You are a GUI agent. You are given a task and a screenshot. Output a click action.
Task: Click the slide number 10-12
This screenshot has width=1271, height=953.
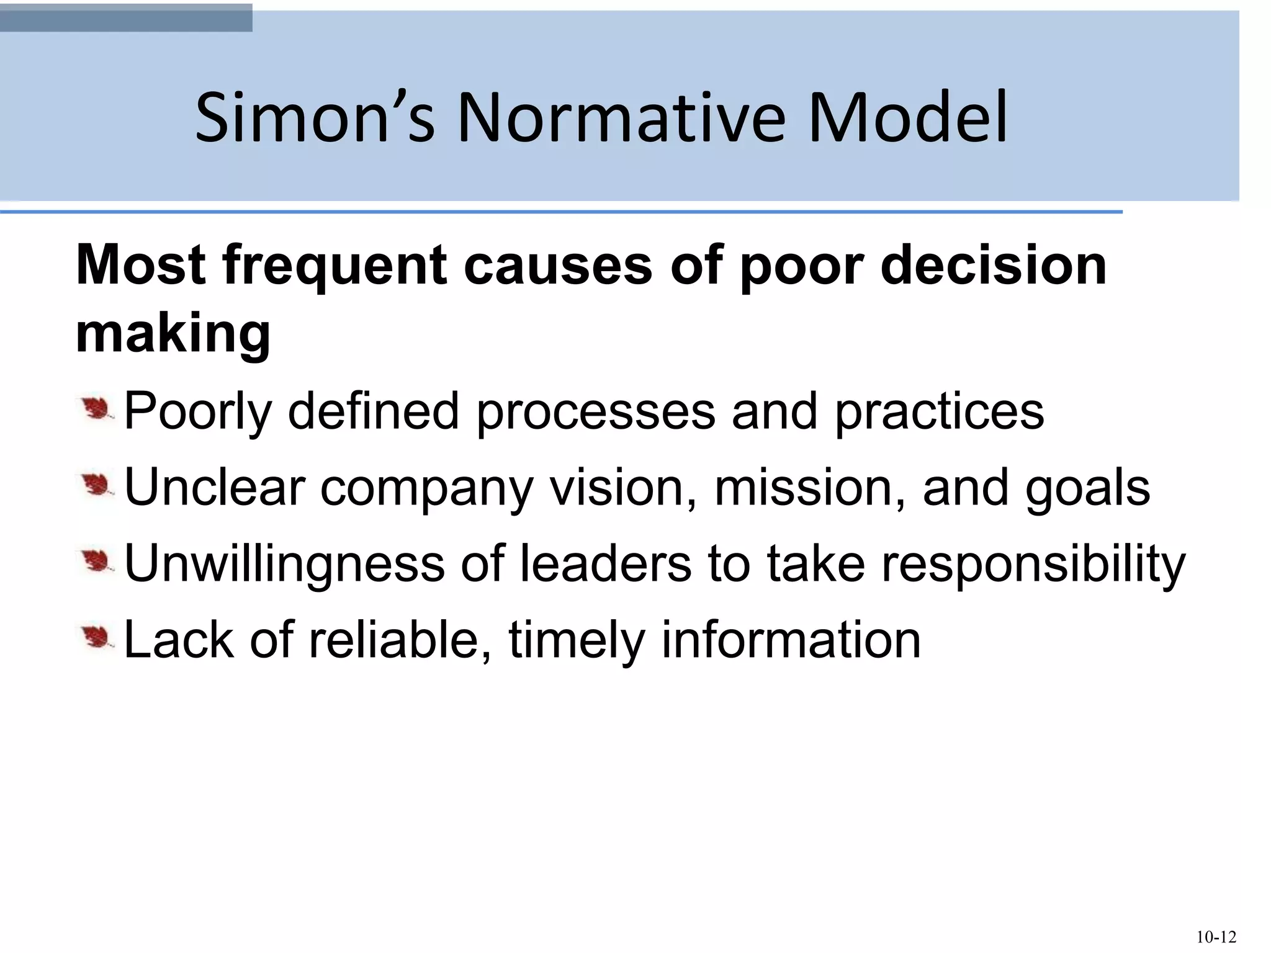point(1216,936)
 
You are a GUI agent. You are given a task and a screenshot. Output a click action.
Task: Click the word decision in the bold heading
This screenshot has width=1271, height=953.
point(993,265)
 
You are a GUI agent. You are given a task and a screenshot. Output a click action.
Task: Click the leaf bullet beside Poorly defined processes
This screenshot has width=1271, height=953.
point(96,409)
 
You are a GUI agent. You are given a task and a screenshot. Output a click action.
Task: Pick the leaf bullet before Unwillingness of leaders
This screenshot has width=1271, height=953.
point(96,562)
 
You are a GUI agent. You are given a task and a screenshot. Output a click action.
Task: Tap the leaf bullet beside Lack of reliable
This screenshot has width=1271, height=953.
point(96,638)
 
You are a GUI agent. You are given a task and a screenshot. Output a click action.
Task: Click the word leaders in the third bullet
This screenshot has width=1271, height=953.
point(605,563)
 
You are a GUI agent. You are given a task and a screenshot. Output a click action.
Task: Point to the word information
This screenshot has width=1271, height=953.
point(791,640)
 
